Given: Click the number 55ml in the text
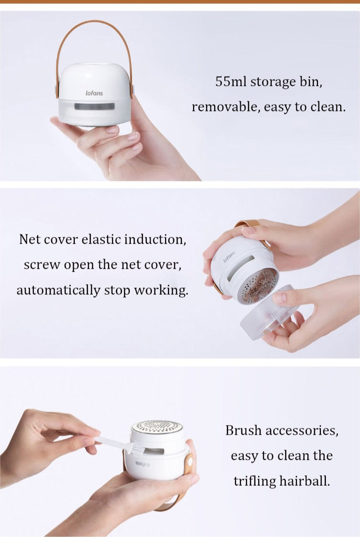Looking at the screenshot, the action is [x=231, y=82].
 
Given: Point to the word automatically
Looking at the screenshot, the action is [x=58, y=290].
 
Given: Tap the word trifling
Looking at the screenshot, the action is [x=254, y=481].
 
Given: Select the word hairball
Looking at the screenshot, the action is [x=305, y=481].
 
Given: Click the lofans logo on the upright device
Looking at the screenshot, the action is [x=94, y=93].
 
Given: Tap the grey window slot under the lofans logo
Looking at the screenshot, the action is [x=94, y=107].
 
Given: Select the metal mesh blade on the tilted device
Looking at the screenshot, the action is [x=258, y=286].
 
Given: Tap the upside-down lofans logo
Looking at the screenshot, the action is [x=142, y=465].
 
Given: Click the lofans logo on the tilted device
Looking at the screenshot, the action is [x=230, y=257].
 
